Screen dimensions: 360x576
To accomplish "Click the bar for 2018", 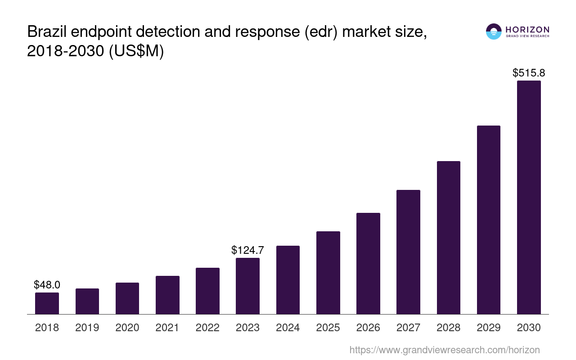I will tap(47, 303).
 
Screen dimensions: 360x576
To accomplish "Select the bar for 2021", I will tap(167, 295).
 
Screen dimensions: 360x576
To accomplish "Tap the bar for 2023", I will tap(247, 286).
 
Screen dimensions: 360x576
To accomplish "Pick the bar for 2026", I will tap(368, 263).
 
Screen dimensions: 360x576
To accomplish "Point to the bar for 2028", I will tap(448, 238).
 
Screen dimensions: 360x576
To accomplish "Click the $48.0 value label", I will tap(47, 285).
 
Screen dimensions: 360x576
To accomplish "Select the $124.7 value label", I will tap(247, 250).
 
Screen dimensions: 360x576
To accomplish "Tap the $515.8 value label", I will tap(529, 73).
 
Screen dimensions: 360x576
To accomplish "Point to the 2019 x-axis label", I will tap(87, 328).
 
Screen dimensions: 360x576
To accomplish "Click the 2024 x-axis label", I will tap(288, 328).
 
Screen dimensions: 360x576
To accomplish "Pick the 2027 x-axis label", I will tap(408, 328).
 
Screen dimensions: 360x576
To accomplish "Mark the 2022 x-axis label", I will tap(207, 328).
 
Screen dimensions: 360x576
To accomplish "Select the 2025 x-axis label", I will tap(328, 328).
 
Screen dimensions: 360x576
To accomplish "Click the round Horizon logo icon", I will tap(494, 31).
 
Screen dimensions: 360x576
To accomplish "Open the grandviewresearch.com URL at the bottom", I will tap(444, 350).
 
